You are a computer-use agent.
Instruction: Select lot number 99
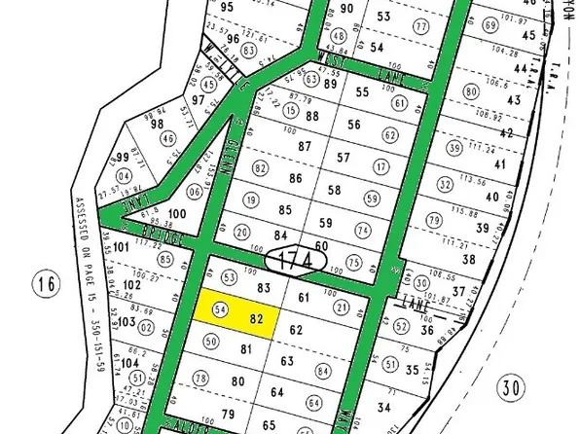tap(124, 158)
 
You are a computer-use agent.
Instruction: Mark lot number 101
tap(121, 247)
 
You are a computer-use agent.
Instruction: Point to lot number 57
tap(343, 157)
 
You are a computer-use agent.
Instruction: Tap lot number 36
tap(425, 329)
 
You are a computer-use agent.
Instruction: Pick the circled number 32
tap(446, 184)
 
